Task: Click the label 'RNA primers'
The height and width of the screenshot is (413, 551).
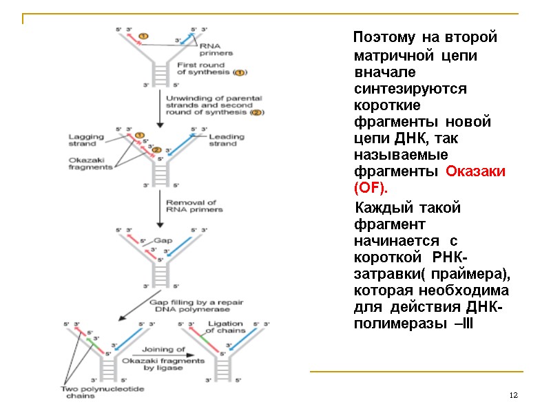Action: coord(216,49)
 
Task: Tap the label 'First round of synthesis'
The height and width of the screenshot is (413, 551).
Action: coord(207,68)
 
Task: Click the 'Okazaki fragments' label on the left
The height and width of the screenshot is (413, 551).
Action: coord(90,163)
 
